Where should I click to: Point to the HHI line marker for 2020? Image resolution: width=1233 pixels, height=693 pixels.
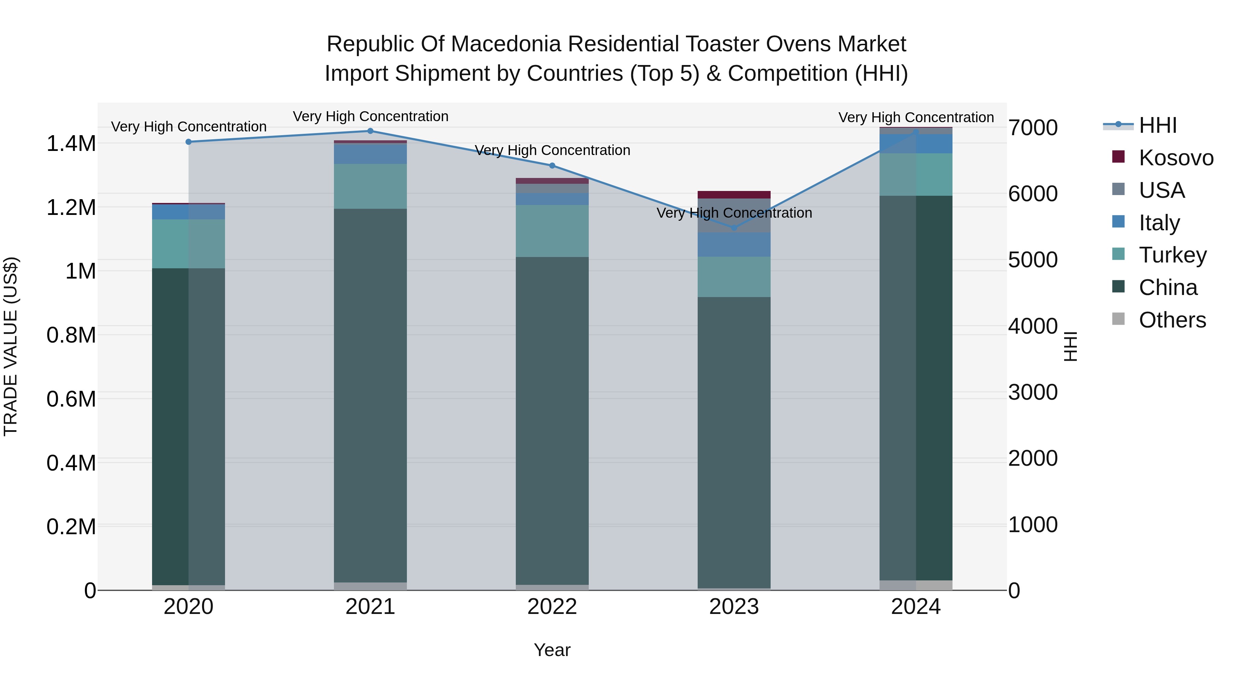189,142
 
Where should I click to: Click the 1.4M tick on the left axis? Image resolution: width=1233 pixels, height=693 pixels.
71,143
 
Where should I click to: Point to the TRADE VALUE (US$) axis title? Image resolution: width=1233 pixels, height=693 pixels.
11,346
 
